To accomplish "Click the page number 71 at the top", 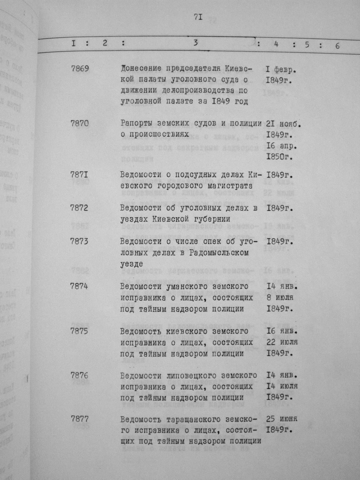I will [x=197, y=17].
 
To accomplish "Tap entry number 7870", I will [x=80, y=123].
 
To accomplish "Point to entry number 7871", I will [x=80, y=175].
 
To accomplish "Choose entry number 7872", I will [x=80, y=208].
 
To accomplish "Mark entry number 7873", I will [x=80, y=241].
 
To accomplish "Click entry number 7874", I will [x=80, y=286].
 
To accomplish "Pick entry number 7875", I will [x=80, y=331].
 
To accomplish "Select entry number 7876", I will [x=80, y=376].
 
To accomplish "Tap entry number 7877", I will [x=80, y=419].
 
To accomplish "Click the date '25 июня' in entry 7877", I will [x=282, y=419].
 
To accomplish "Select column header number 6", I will [x=337, y=46].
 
